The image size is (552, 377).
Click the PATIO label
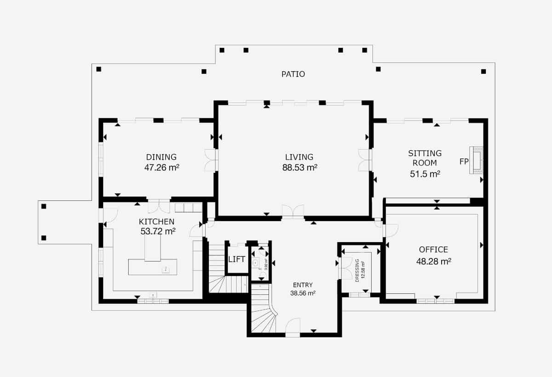tap(293, 74)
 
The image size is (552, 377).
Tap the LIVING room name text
tap(299, 157)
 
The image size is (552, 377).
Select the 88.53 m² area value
tap(299, 168)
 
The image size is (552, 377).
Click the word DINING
tap(161, 157)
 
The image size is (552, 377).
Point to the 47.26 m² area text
tap(161, 168)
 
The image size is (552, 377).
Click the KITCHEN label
tap(156, 222)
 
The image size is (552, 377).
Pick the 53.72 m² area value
tap(158, 231)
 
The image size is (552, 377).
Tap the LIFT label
tap(237, 259)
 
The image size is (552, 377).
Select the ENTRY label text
tap(303, 285)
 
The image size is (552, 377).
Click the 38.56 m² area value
tap(303, 293)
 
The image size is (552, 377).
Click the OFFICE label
tap(433, 250)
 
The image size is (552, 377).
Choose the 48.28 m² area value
tap(433, 261)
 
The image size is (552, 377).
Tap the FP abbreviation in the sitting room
tap(464, 162)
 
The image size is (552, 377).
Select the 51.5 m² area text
tap(425, 174)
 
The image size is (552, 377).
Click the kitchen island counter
tap(152, 267)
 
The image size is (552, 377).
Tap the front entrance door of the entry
tap(293, 327)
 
